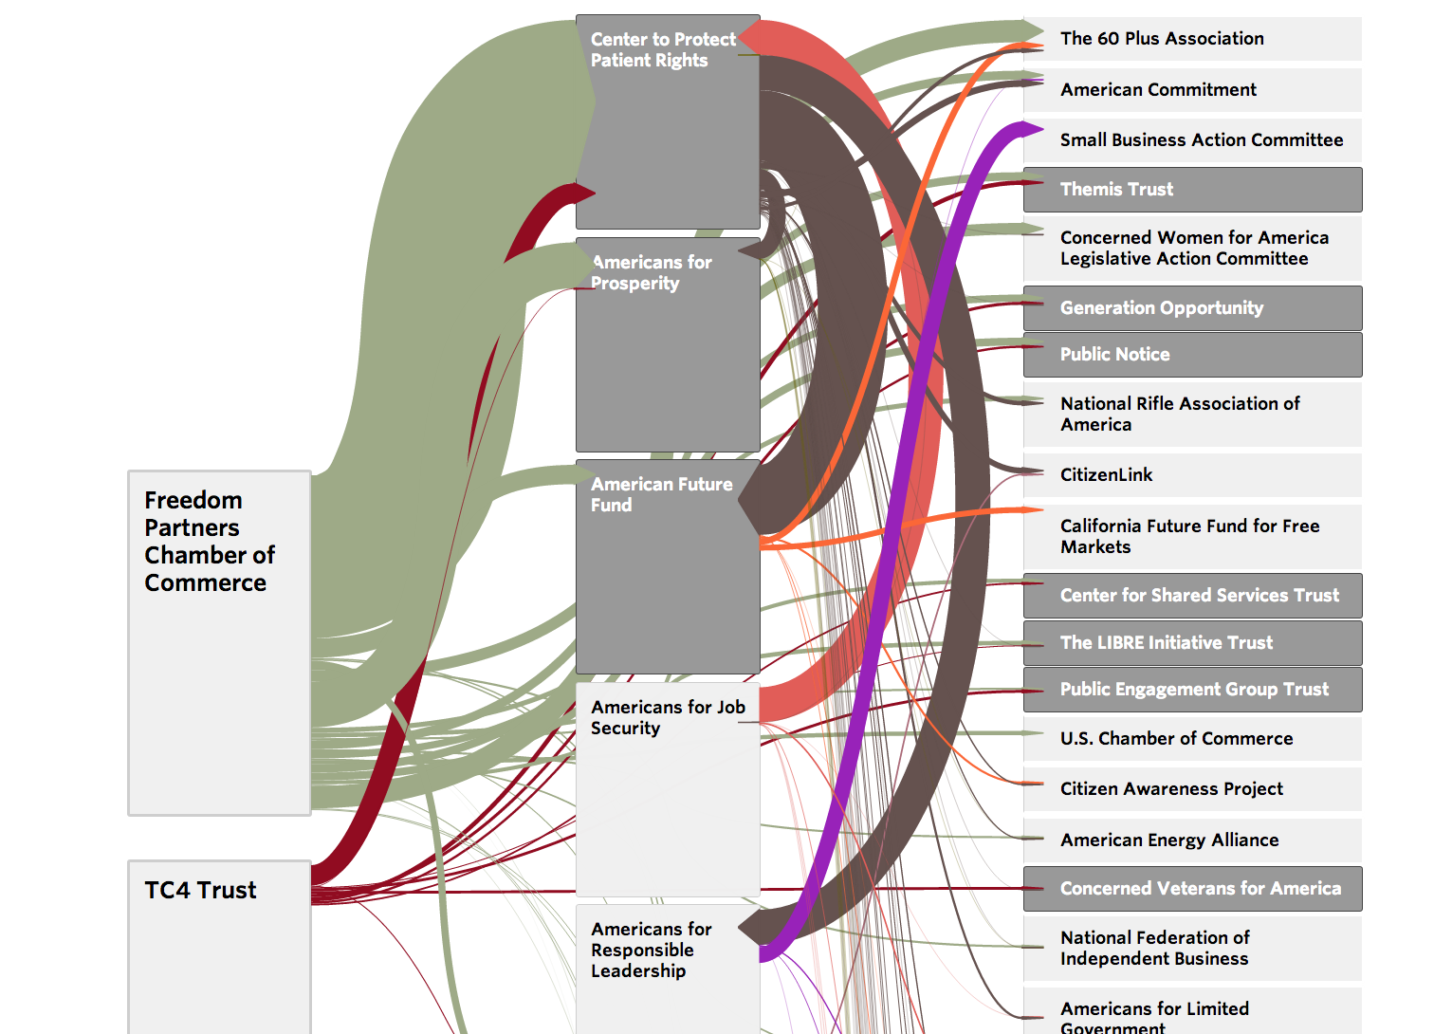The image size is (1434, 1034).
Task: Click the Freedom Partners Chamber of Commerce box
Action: pyautogui.click(x=219, y=642)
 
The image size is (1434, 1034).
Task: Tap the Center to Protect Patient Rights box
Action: pyautogui.click(x=668, y=121)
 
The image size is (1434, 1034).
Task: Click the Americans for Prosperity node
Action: pyautogui.click(x=668, y=344)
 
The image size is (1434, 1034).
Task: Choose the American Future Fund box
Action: pyautogui.click(x=668, y=566)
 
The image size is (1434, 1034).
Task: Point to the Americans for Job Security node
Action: pyautogui.click(x=668, y=789)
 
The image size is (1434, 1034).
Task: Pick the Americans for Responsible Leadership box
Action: pyautogui.click(x=668, y=969)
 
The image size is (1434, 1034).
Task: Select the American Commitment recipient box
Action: pyautogui.click(x=1192, y=90)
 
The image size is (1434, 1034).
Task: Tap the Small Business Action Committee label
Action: pyautogui.click(x=1201, y=140)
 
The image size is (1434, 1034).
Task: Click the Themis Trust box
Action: pyautogui.click(x=1192, y=190)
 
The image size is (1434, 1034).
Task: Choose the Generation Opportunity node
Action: pyautogui.click(x=1192, y=308)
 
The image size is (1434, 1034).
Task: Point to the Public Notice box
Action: pyautogui.click(x=1192, y=355)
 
